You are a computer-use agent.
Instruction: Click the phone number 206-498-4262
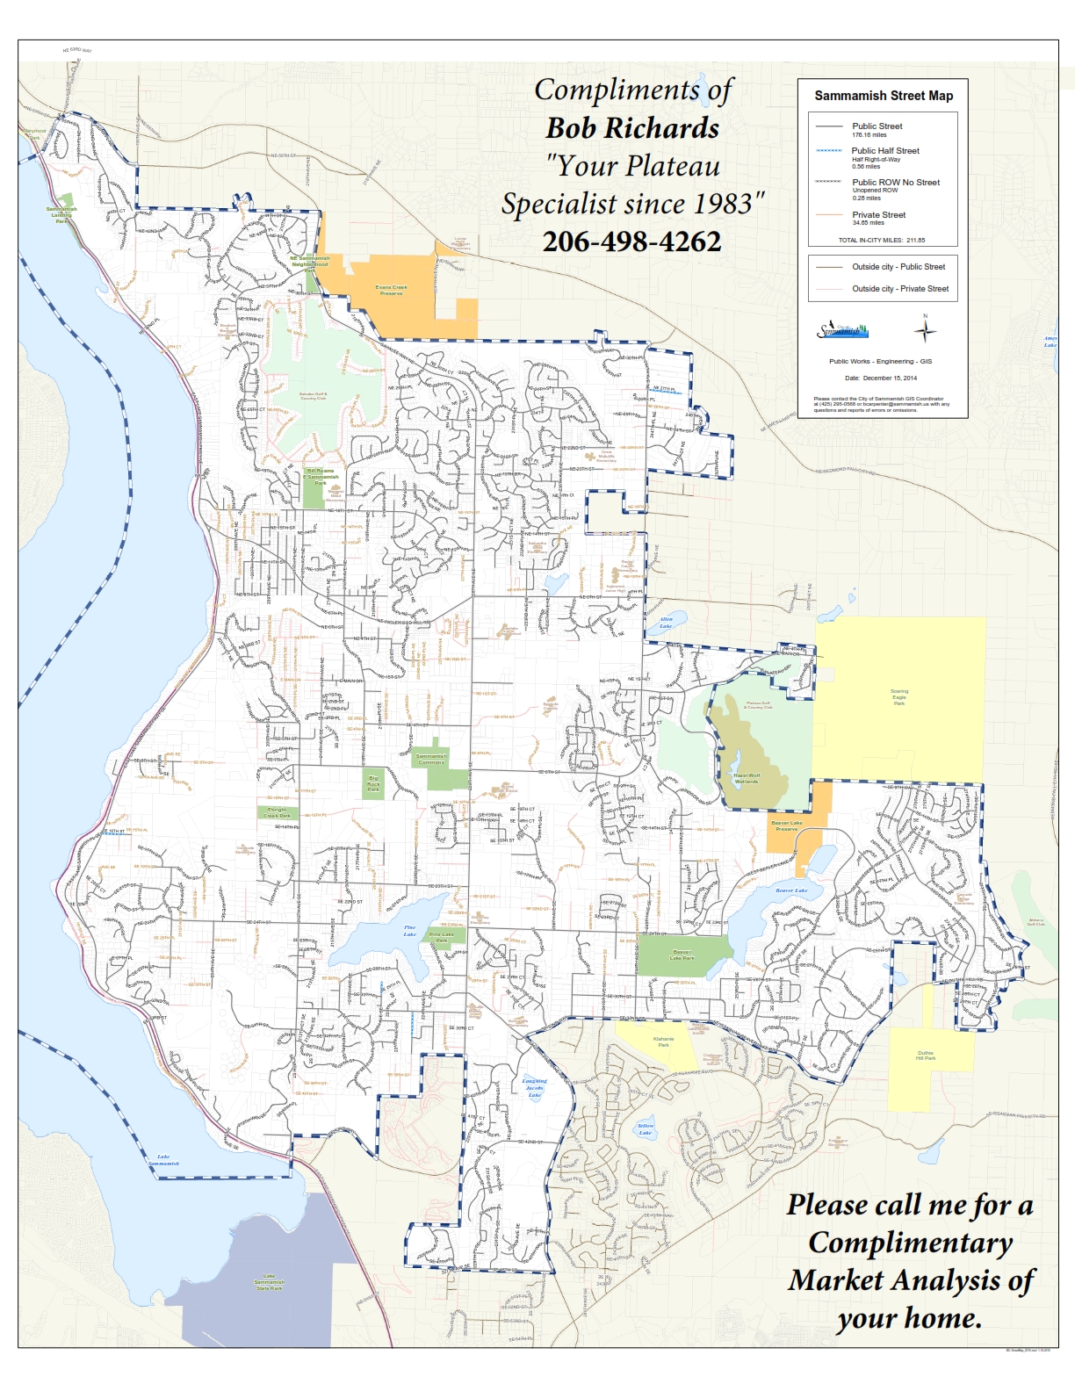(x=631, y=241)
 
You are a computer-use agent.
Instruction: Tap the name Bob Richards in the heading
(x=632, y=128)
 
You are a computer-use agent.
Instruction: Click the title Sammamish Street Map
(x=883, y=96)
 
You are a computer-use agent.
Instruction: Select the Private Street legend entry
(x=878, y=215)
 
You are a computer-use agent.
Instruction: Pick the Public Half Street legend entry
(x=884, y=151)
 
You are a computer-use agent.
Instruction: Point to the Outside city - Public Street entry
(x=898, y=267)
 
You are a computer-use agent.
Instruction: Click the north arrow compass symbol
(x=925, y=331)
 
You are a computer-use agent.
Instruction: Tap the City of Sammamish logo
(x=842, y=330)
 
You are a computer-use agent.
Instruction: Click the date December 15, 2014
(x=881, y=378)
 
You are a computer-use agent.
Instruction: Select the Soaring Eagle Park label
(x=899, y=697)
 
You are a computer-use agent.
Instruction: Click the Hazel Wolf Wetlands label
(x=747, y=778)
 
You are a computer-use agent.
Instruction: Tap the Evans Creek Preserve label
(x=392, y=290)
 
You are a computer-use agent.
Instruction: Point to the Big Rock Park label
(x=374, y=783)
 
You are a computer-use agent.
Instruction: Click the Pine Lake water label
(x=409, y=931)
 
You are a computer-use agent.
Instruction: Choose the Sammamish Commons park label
(x=431, y=759)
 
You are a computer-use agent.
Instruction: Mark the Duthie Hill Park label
(x=926, y=1055)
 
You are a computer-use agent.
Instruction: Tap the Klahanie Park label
(x=663, y=1041)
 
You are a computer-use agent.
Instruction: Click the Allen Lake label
(x=666, y=623)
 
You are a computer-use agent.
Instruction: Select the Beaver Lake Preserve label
(x=786, y=825)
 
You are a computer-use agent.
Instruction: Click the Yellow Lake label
(x=646, y=1128)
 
